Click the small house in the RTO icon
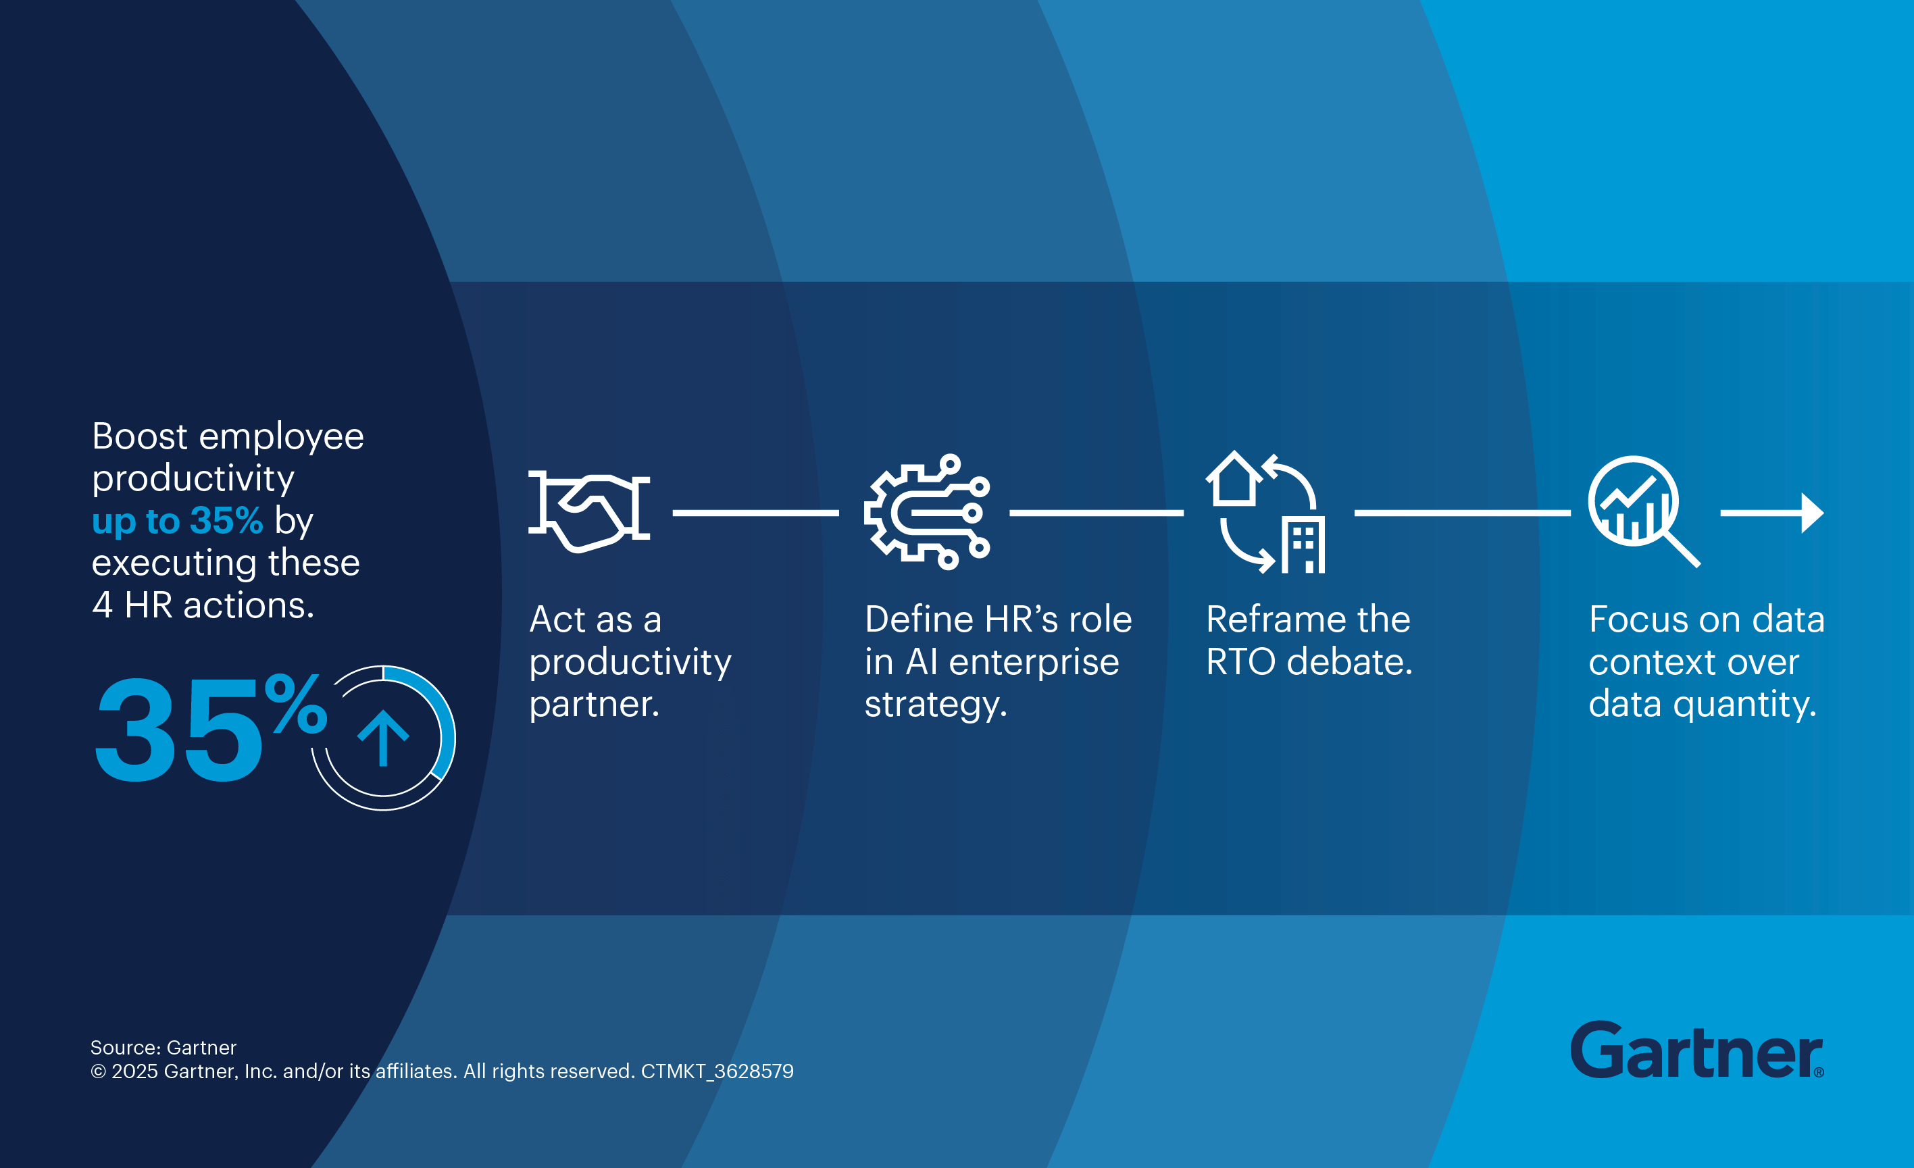pos(1234,478)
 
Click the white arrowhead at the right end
pos(1812,513)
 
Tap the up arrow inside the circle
pos(383,738)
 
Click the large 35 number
pos(180,730)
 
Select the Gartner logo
pos(1696,1050)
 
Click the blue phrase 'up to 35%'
pos(177,520)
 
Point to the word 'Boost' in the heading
pos(140,436)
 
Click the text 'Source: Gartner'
pos(163,1048)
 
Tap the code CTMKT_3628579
pos(717,1071)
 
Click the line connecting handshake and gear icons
pos(756,513)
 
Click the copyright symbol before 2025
pos(99,1071)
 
